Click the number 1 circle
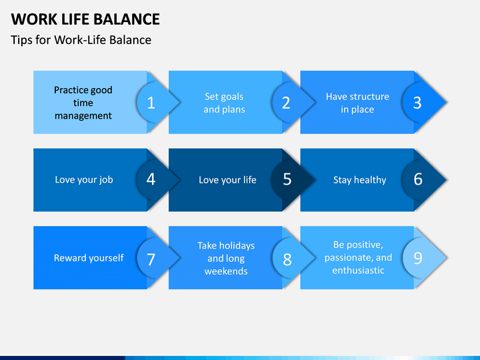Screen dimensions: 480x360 (x=151, y=103)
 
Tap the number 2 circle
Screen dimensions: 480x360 (x=286, y=103)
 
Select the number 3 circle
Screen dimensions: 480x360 (x=417, y=103)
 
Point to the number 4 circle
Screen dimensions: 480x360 (x=151, y=180)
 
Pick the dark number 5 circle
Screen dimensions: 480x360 (x=286, y=180)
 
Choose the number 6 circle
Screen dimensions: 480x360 (x=417, y=180)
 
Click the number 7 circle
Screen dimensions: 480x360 (x=151, y=258)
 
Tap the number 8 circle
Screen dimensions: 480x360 (x=286, y=258)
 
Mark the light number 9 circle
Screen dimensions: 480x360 (x=417, y=258)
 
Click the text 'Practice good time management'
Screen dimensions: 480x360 (x=83, y=103)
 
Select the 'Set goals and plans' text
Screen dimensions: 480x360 (x=225, y=103)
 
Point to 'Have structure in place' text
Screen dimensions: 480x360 (x=357, y=103)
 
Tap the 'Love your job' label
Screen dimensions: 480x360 (x=84, y=180)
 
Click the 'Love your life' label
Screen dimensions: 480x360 (x=227, y=180)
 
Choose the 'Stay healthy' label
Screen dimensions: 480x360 (x=360, y=180)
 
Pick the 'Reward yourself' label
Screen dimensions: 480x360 (x=89, y=258)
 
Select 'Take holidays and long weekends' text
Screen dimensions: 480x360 (x=226, y=259)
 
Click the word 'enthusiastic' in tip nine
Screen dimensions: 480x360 (x=358, y=270)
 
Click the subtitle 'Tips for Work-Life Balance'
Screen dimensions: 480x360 (x=81, y=40)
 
